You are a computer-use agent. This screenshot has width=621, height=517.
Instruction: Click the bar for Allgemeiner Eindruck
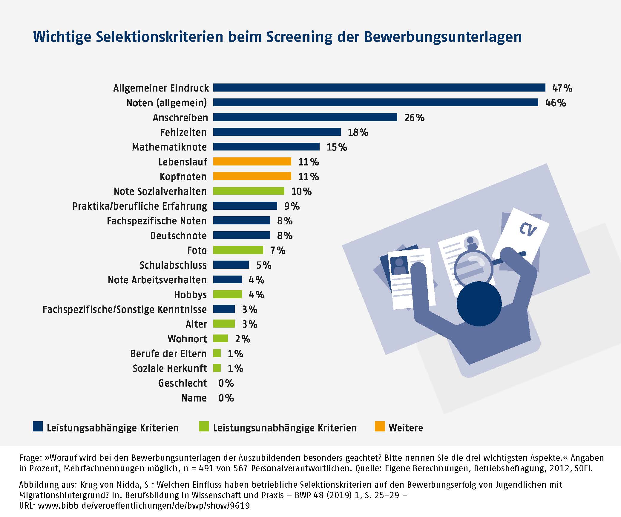click(x=379, y=88)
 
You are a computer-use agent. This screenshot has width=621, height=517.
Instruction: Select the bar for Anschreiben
click(x=305, y=117)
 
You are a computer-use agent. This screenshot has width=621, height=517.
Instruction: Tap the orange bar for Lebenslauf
click(x=252, y=162)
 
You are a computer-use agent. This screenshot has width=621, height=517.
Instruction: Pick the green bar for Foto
click(x=238, y=250)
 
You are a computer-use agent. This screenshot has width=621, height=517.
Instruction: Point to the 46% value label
click(x=555, y=103)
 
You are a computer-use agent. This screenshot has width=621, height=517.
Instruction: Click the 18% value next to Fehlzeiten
click(x=358, y=132)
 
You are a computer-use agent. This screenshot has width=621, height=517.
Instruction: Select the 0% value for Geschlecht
click(x=226, y=383)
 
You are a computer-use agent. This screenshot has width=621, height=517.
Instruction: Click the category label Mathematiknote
click(x=169, y=147)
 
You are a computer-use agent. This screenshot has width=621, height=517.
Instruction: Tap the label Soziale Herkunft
click(x=170, y=368)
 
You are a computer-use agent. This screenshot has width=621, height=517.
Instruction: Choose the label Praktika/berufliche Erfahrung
click(x=139, y=206)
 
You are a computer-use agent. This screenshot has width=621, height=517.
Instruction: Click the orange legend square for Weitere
click(x=380, y=427)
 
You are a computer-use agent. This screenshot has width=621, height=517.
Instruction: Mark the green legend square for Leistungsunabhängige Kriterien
click(x=204, y=427)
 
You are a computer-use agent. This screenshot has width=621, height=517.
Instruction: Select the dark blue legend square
click(x=38, y=427)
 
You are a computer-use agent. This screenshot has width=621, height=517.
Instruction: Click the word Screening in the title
click(x=299, y=37)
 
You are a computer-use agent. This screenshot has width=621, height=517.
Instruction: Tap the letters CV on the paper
click(x=528, y=230)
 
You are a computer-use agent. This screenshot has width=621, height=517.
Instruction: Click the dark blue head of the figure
click(x=479, y=304)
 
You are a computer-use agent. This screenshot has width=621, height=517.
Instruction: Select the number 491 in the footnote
click(x=206, y=468)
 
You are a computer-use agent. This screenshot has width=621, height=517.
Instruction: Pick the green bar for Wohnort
click(x=220, y=339)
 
